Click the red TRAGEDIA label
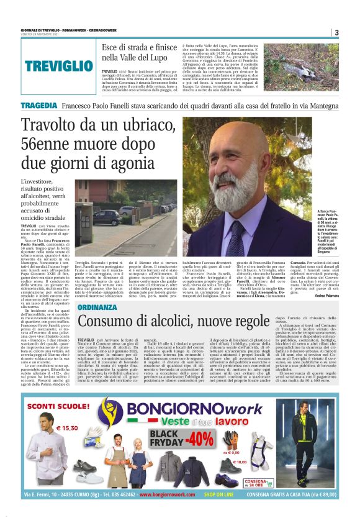(40, 106)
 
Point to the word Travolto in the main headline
(52, 124)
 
